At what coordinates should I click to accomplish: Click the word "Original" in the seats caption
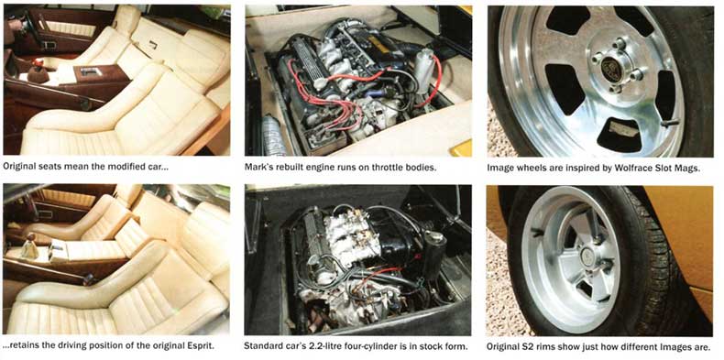(x=17, y=167)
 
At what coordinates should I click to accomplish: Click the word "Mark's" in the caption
(x=258, y=167)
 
